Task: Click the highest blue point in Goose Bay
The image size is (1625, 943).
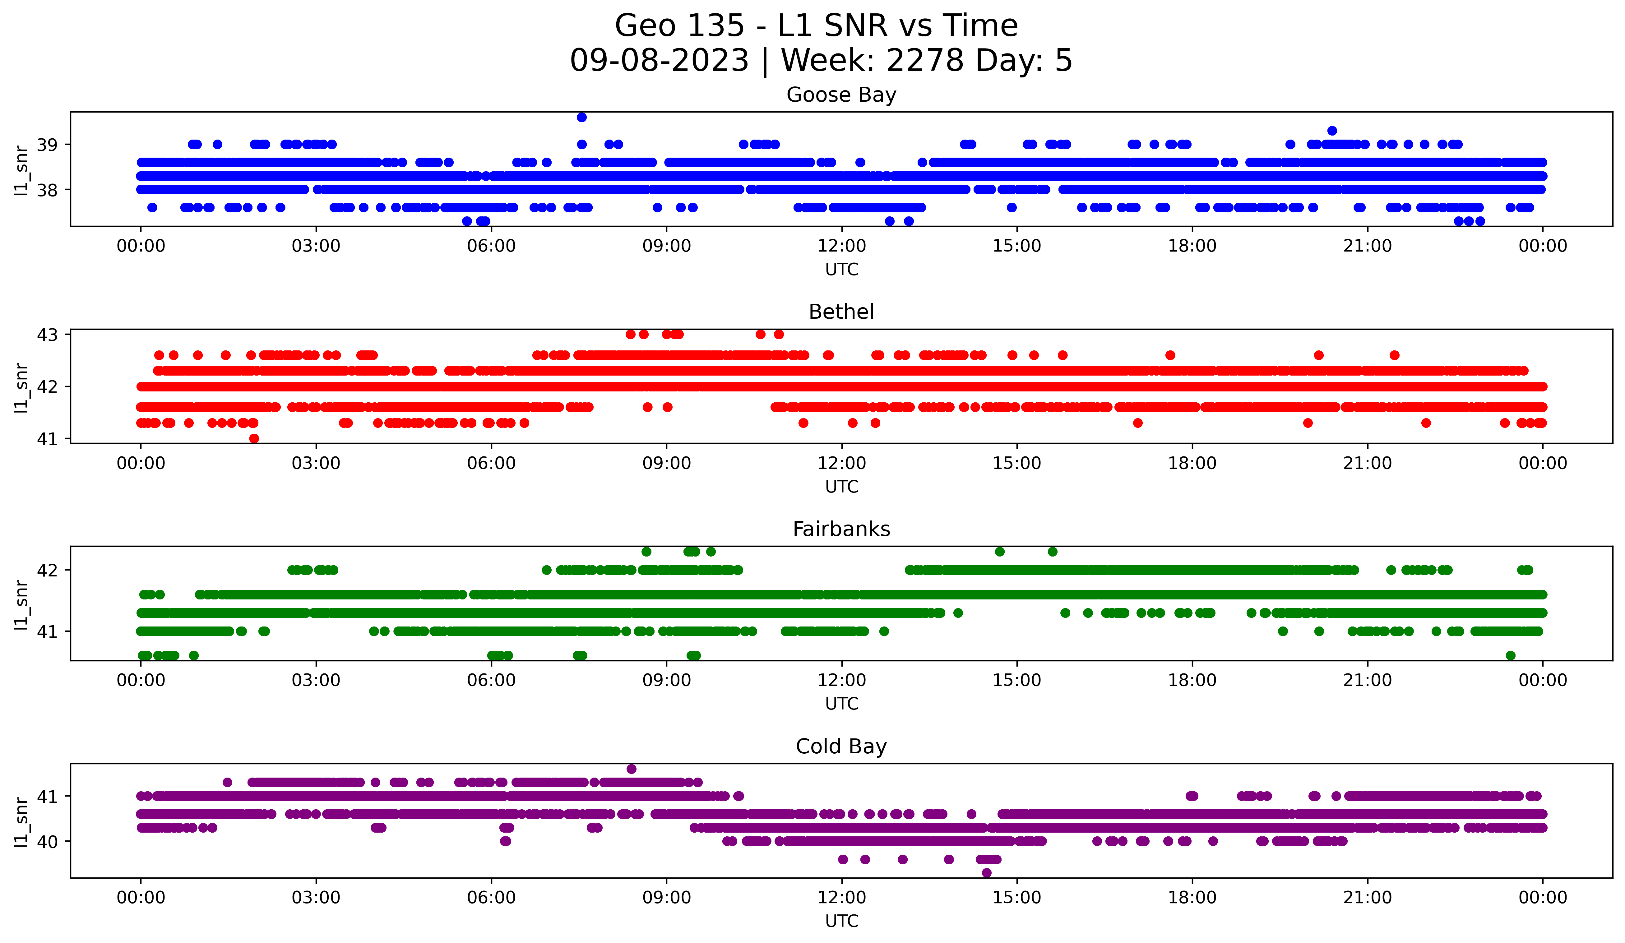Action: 582,117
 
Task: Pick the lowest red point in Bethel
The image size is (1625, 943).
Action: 254,438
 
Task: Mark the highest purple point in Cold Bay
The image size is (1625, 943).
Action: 631,769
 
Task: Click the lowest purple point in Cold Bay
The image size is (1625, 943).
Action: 987,873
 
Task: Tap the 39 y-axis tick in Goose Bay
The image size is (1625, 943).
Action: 47,144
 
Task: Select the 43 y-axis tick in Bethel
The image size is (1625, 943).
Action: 47,335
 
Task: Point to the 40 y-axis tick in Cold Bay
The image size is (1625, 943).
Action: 47,841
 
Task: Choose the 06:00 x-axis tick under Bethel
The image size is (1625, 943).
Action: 491,464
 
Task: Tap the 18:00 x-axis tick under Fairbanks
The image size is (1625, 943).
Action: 1192,681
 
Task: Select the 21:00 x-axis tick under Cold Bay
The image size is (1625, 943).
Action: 1368,898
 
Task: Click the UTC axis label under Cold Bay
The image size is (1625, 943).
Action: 841,921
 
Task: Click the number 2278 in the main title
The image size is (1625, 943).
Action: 925,61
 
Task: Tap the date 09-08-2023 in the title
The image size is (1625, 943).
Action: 659,61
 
